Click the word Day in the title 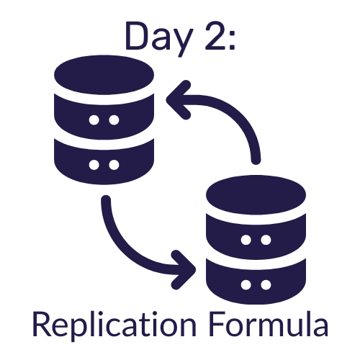point(159,38)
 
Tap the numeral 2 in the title point(215,36)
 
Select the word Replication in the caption point(114,326)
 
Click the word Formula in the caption point(268,324)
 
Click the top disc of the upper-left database point(104,75)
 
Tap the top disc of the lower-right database point(256,194)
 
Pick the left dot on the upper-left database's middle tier point(94,120)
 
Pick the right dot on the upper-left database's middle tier point(114,120)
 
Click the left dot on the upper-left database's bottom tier point(94,165)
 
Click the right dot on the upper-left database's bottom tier point(114,165)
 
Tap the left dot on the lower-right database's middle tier point(246,240)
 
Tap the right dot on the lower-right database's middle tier point(266,240)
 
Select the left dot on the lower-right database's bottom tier point(246,285)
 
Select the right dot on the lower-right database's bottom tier point(266,285)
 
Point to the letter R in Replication point(42,324)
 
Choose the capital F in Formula point(217,324)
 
